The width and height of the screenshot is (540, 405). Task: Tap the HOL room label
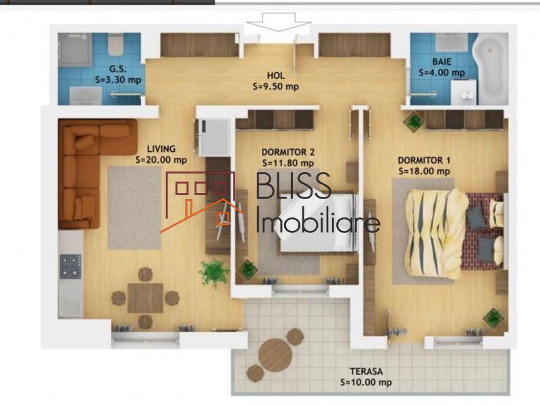point(275,76)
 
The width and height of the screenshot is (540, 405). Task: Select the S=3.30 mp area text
point(119,79)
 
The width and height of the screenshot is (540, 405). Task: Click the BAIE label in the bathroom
point(432,61)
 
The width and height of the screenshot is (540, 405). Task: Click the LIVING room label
point(161,149)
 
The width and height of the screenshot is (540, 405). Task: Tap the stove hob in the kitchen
point(70,265)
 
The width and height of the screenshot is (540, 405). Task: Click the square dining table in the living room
point(144,297)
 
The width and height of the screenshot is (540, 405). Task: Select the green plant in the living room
point(213,273)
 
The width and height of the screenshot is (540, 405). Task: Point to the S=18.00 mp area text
point(424,171)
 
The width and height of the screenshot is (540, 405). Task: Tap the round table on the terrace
point(275,352)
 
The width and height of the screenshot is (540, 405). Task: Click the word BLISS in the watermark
point(294,188)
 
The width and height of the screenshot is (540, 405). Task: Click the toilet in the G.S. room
point(115,46)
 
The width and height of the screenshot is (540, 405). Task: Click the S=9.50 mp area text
point(275,86)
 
